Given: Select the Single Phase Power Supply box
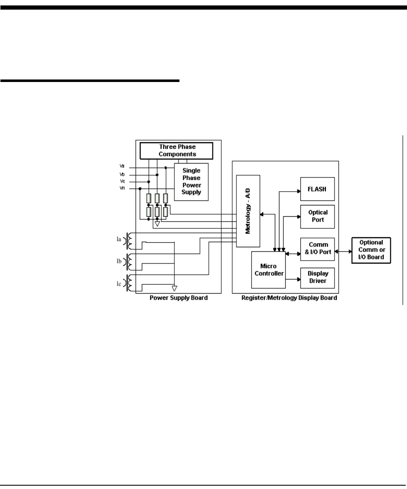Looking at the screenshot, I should tap(190, 182).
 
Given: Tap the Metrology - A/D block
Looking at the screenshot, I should tap(248, 211).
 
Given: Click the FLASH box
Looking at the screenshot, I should tap(317, 189).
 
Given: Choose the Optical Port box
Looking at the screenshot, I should tap(317, 216).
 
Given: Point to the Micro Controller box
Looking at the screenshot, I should tap(268, 270).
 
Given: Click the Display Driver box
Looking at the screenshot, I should tap(317, 277).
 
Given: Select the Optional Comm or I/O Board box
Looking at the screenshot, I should tap(371, 251).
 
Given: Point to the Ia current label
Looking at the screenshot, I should tap(119, 240).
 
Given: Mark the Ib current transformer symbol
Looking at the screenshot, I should tap(129, 261).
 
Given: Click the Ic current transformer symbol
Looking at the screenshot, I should tap(129, 283).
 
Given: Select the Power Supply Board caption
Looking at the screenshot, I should tap(179, 299).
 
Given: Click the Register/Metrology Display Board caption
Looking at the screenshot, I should tap(289, 299).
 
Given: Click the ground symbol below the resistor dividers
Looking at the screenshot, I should tap(157, 225).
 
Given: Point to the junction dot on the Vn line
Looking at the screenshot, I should tap(140, 189).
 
